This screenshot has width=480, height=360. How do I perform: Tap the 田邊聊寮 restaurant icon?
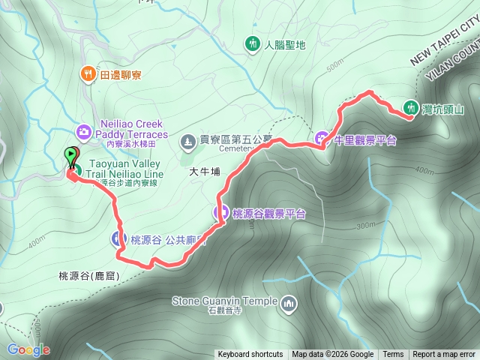(88, 73)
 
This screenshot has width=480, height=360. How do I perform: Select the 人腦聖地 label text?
(285, 45)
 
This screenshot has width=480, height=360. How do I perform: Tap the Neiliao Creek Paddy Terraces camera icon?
(83, 132)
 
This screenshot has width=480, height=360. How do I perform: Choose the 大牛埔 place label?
(205, 172)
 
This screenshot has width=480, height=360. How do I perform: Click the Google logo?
(28, 349)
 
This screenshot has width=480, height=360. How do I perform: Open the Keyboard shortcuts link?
(250, 355)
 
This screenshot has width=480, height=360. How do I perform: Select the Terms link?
(393, 355)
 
